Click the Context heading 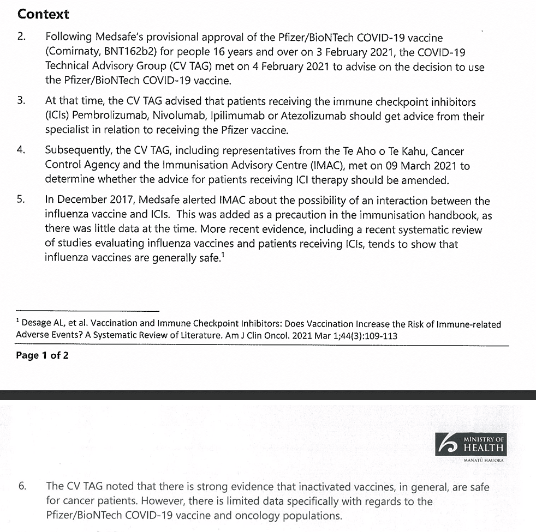(44, 14)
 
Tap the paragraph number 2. (21, 38)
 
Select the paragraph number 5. (21, 201)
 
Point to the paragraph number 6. (22, 486)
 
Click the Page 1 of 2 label (42, 356)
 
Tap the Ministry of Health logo (471, 446)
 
